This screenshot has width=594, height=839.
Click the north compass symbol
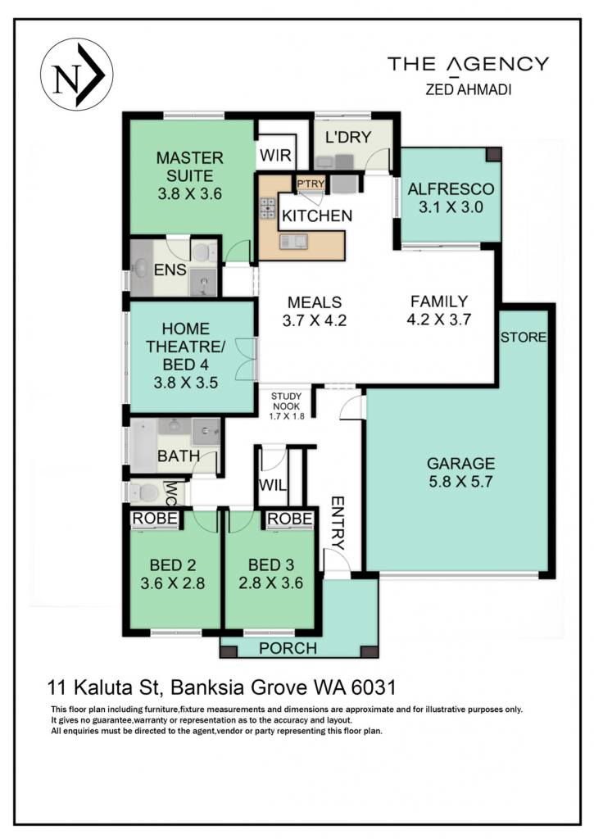coord(76,75)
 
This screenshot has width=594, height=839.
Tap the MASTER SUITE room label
coord(189,167)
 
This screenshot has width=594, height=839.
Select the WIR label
coord(275,155)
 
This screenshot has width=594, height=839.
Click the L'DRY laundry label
coord(348,137)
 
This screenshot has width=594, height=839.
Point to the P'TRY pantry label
coord(311,184)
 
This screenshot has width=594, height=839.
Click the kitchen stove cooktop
coord(268,207)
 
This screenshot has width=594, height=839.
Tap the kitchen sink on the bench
coord(293,242)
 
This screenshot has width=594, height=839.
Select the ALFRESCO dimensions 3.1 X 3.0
coord(451,207)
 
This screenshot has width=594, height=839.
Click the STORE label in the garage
coord(524,337)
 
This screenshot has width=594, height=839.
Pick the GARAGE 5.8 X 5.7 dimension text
coord(460,482)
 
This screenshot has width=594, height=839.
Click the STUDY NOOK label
coord(286,401)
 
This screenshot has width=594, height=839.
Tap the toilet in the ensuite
coord(202,252)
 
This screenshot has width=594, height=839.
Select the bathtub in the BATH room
coord(143,445)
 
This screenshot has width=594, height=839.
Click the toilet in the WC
coord(142,492)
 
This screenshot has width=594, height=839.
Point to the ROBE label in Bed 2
coord(155,518)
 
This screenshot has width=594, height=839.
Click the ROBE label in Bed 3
coord(289,519)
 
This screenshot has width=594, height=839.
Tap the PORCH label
coord(288,649)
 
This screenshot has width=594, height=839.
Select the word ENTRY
coord(338,524)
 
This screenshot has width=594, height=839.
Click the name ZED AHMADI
coord(469,89)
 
